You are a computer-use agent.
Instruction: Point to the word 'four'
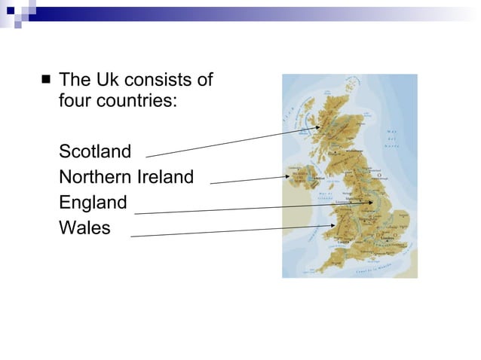click(75, 99)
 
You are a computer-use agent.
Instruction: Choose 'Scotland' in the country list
click(95, 151)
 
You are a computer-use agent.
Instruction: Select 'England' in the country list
click(93, 203)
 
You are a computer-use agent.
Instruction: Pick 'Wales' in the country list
click(84, 227)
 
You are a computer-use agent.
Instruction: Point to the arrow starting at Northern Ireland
click(249, 179)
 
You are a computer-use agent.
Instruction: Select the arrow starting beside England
click(253, 208)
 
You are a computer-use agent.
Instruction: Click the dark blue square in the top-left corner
click(11, 11)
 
